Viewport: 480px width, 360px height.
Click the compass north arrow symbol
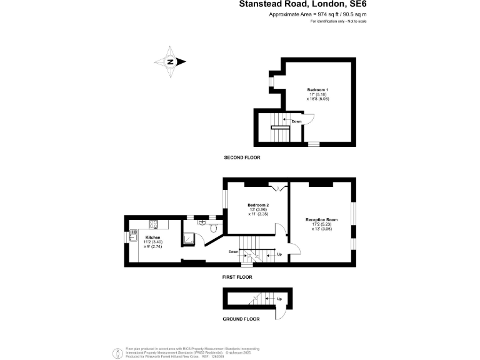(171, 61)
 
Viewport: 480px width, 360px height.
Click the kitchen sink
(132, 236)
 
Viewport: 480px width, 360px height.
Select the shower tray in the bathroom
(189, 237)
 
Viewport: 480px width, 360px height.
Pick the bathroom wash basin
(202, 221)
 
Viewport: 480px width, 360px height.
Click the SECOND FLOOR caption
(242, 157)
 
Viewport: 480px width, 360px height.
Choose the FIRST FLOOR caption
(241, 276)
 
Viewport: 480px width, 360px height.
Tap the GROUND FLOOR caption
(241, 319)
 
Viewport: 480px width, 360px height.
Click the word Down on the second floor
(296, 121)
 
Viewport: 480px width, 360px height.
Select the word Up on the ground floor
(279, 299)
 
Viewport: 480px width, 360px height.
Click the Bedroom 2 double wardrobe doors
(278, 187)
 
